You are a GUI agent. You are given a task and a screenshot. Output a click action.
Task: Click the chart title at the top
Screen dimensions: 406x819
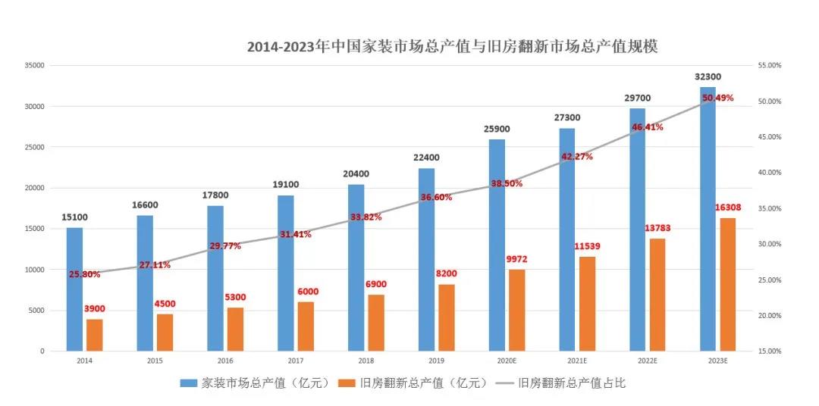coord(452,47)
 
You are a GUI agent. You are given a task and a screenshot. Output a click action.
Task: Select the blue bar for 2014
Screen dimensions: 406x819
coord(74,289)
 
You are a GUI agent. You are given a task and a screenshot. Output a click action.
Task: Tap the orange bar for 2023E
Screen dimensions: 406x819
coord(727,284)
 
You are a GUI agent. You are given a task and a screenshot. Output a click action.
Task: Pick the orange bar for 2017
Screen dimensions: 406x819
coord(305,326)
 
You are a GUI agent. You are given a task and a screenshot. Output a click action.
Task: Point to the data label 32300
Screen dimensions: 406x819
coord(708,77)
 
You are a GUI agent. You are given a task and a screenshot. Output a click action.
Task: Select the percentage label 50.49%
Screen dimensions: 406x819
coord(718,98)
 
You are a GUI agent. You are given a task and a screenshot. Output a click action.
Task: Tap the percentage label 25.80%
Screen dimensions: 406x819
coord(84,274)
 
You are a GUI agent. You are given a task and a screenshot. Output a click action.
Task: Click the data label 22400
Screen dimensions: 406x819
coord(426,158)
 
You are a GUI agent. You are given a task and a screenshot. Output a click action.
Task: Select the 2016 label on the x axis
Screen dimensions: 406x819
coord(224,361)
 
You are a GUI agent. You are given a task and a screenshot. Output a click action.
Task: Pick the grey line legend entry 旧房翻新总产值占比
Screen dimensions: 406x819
coord(562,383)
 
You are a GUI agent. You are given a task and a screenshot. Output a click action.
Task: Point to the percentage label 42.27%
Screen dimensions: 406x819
coord(577,157)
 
